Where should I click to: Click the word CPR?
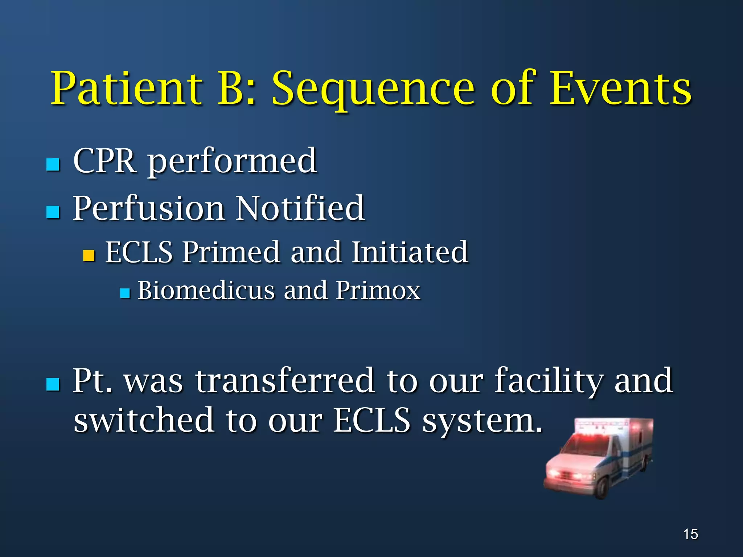tap(105, 161)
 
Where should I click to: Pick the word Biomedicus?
tap(206, 290)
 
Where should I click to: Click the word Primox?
tap(378, 290)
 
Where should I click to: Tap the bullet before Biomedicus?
tap(125, 293)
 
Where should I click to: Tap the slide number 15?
tap(690, 534)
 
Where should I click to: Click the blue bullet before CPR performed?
tap(53, 165)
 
